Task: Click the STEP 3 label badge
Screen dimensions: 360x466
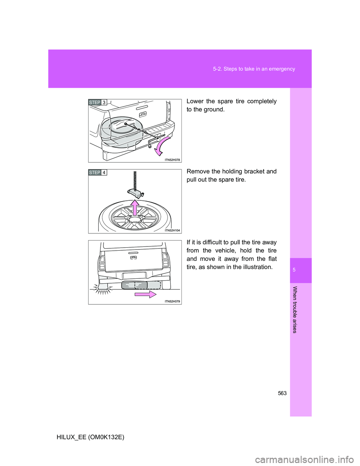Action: click(x=97, y=102)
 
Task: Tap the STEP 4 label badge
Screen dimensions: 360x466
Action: click(x=97, y=173)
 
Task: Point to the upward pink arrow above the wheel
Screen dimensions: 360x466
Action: click(x=135, y=207)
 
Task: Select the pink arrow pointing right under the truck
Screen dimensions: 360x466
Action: click(x=145, y=294)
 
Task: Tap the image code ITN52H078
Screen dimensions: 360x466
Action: click(x=172, y=160)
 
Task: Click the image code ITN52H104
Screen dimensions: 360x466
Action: click(x=172, y=230)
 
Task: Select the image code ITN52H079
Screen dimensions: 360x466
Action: click(x=172, y=301)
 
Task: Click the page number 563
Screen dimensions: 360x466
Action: click(x=282, y=393)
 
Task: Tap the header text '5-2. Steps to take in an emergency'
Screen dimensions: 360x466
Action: click(x=254, y=69)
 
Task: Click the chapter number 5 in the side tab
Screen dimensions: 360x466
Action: click(x=294, y=270)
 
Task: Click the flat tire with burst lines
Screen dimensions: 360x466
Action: click(x=102, y=286)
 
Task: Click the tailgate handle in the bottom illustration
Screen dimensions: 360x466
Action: click(x=133, y=258)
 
